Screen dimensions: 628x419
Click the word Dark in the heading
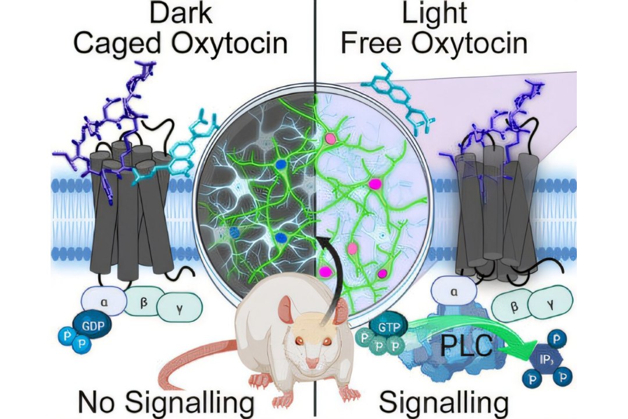click(x=181, y=13)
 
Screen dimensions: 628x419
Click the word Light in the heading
click(x=434, y=13)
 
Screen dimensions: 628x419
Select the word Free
click(x=371, y=42)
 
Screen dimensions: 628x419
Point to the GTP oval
click(x=388, y=327)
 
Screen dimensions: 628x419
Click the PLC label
click(x=466, y=346)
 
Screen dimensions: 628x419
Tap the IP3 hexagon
click(x=546, y=359)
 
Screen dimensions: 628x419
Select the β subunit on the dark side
click(x=144, y=301)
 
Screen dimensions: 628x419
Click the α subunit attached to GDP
click(x=104, y=301)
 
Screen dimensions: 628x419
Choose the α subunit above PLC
click(x=454, y=292)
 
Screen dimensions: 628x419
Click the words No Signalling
click(x=166, y=402)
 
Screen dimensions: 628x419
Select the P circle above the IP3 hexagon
click(x=556, y=339)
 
